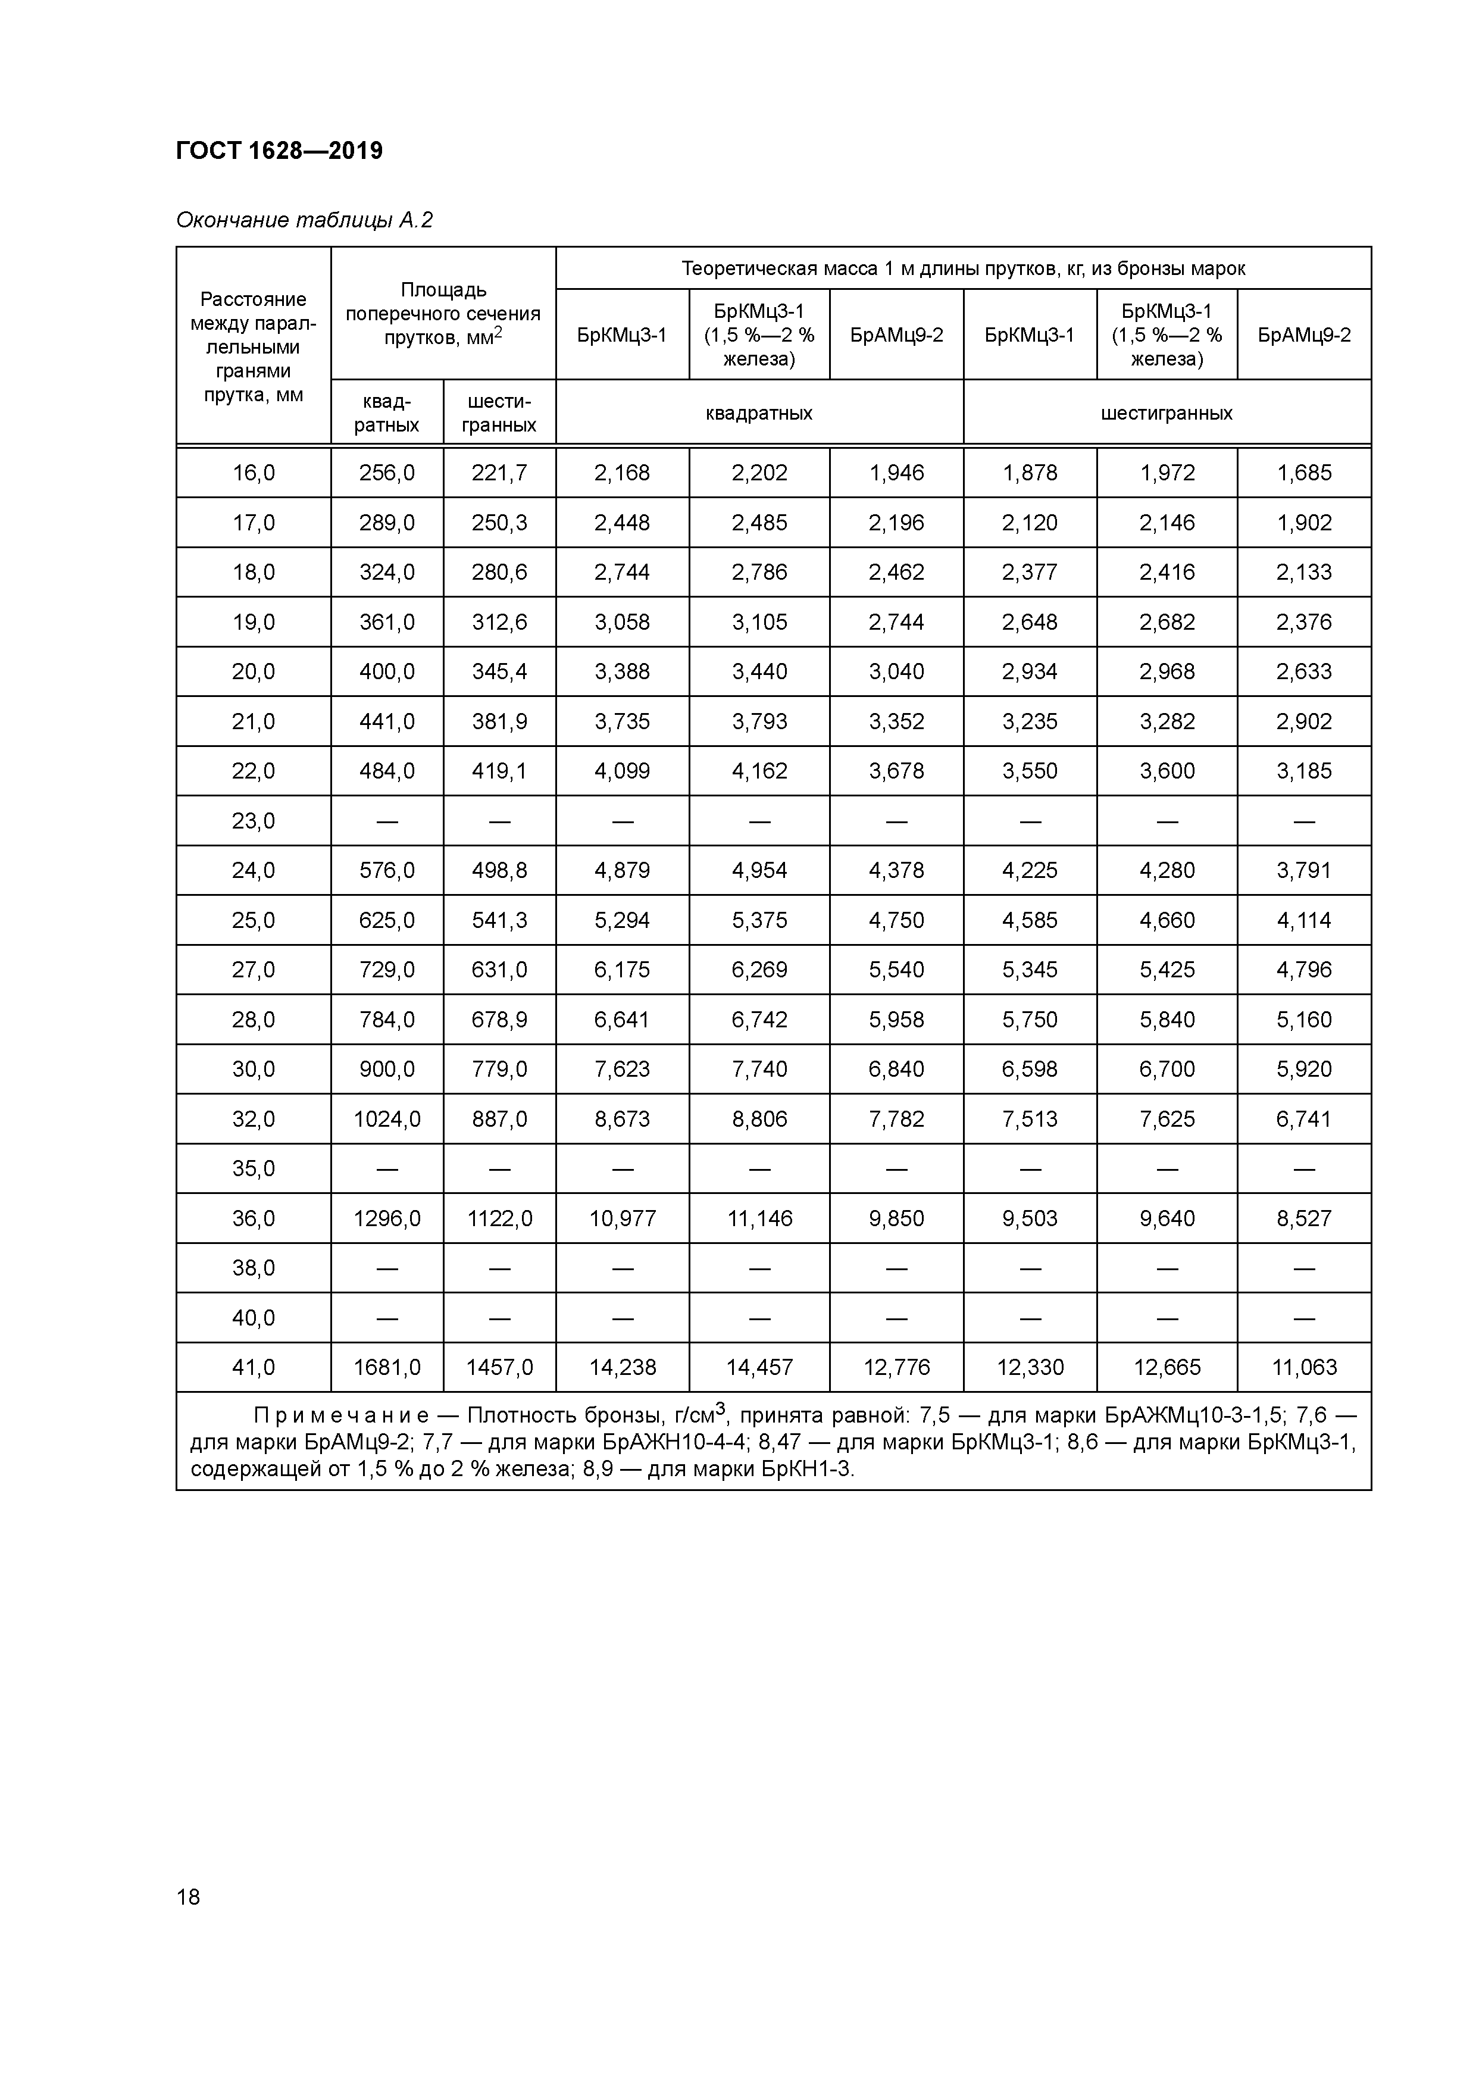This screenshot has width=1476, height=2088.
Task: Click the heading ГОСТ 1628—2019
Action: pos(279,150)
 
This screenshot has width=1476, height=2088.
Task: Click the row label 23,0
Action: pos(253,821)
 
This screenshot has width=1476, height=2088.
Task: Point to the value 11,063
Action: pos(1303,1368)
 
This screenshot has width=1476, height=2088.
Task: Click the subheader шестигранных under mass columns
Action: pos(1166,413)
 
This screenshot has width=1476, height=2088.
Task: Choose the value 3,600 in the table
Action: pos(1167,771)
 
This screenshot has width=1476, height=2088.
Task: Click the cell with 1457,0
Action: pos(499,1368)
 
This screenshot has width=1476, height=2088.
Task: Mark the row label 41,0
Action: pos(253,1368)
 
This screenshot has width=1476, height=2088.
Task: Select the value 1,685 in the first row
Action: pos(1303,473)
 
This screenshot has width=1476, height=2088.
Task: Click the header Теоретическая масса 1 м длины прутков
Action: pos(963,268)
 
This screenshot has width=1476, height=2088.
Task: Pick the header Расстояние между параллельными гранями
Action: pos(253,346)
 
